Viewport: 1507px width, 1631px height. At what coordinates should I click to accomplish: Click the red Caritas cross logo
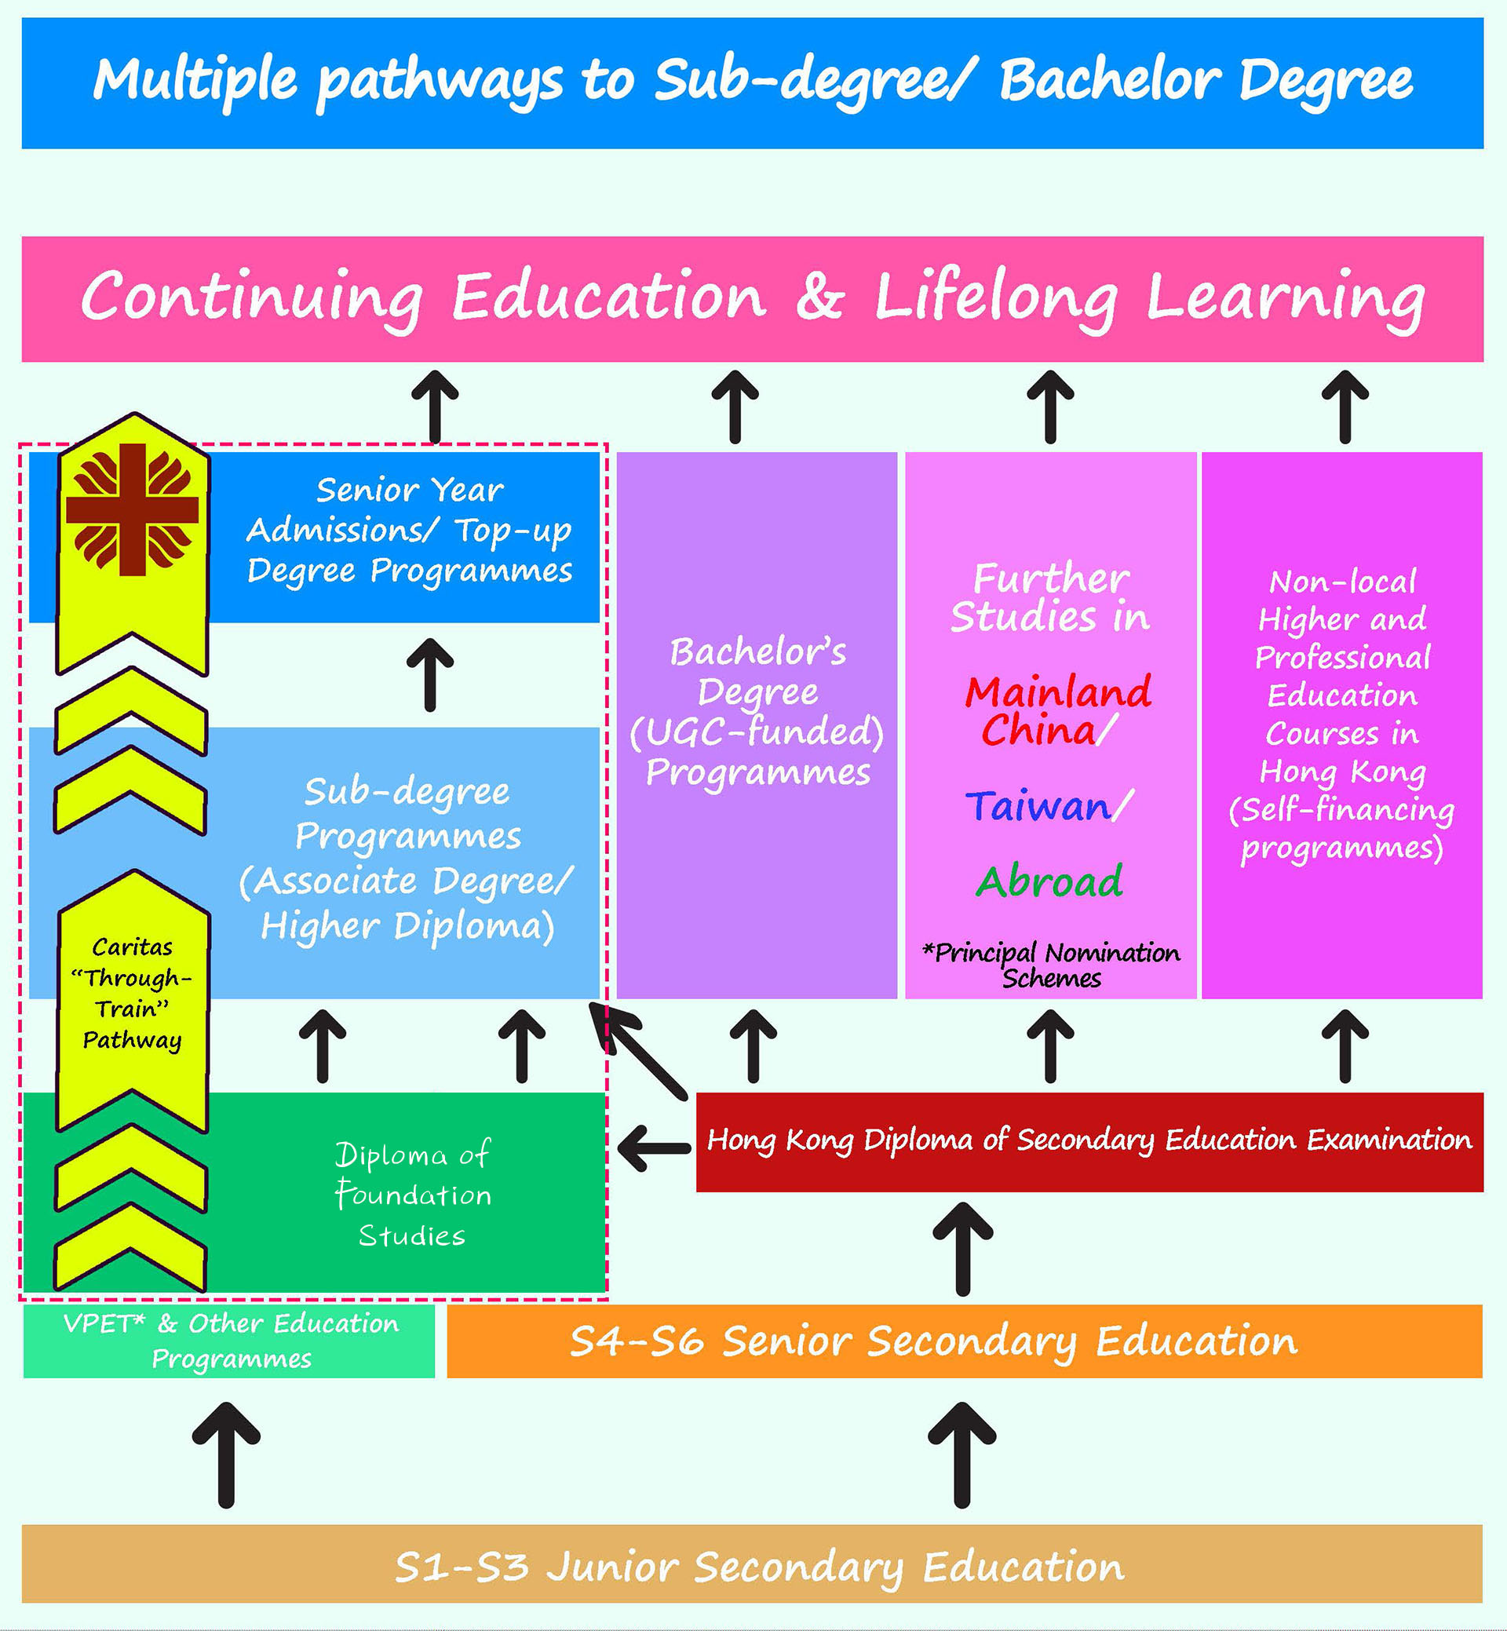pyautogui.click(x=132, y=509)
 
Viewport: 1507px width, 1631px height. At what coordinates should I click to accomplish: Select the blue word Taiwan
pyautogui.click(x=1038, y=807)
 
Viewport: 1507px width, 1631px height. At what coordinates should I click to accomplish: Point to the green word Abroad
pyautogui.click(x=1049, y=881)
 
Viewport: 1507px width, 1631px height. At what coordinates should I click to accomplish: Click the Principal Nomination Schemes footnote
pyautogui.click(x=1051, y=965)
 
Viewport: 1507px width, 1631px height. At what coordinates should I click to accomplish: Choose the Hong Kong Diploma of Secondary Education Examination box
pyautogui.click(x=1089, y=1141)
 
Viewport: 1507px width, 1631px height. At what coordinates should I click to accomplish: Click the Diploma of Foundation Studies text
pyautogui.click(x=413, y=1195)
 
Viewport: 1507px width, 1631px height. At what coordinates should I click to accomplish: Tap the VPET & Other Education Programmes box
pyautogui.click(x=229, y=1341)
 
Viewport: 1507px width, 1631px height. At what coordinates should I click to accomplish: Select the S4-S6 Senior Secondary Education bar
pyautogui.click(x=964, y=1341)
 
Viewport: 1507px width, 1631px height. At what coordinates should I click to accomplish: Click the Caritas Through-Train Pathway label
pyautogui.click(x=132, y=994)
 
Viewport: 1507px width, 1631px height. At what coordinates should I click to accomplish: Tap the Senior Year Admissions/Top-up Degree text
pyautogui.click(x=410, y=530)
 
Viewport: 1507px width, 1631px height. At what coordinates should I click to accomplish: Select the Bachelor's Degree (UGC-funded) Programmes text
pyautogui.click(x=757, y=712)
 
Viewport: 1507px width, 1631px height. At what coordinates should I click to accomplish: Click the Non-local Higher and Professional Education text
pyautogui.click(x=1342, y=714)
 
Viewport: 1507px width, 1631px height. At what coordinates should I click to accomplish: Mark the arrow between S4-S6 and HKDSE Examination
pyautogui.click(x=962, y=1248)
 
